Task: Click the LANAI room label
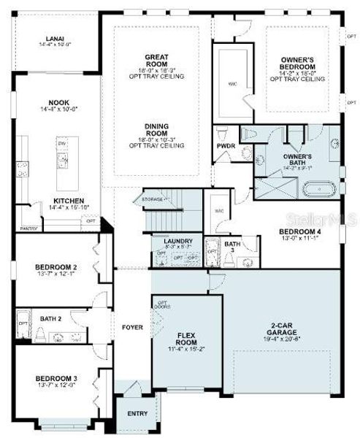[55, 40]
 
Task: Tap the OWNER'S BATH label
[298, 158]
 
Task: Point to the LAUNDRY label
[177, 240]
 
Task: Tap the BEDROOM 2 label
[56, 268]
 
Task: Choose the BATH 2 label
[50, 318]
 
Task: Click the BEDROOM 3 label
[56, 377]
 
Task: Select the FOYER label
[132, 327]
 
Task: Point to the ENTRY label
[137, 414]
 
